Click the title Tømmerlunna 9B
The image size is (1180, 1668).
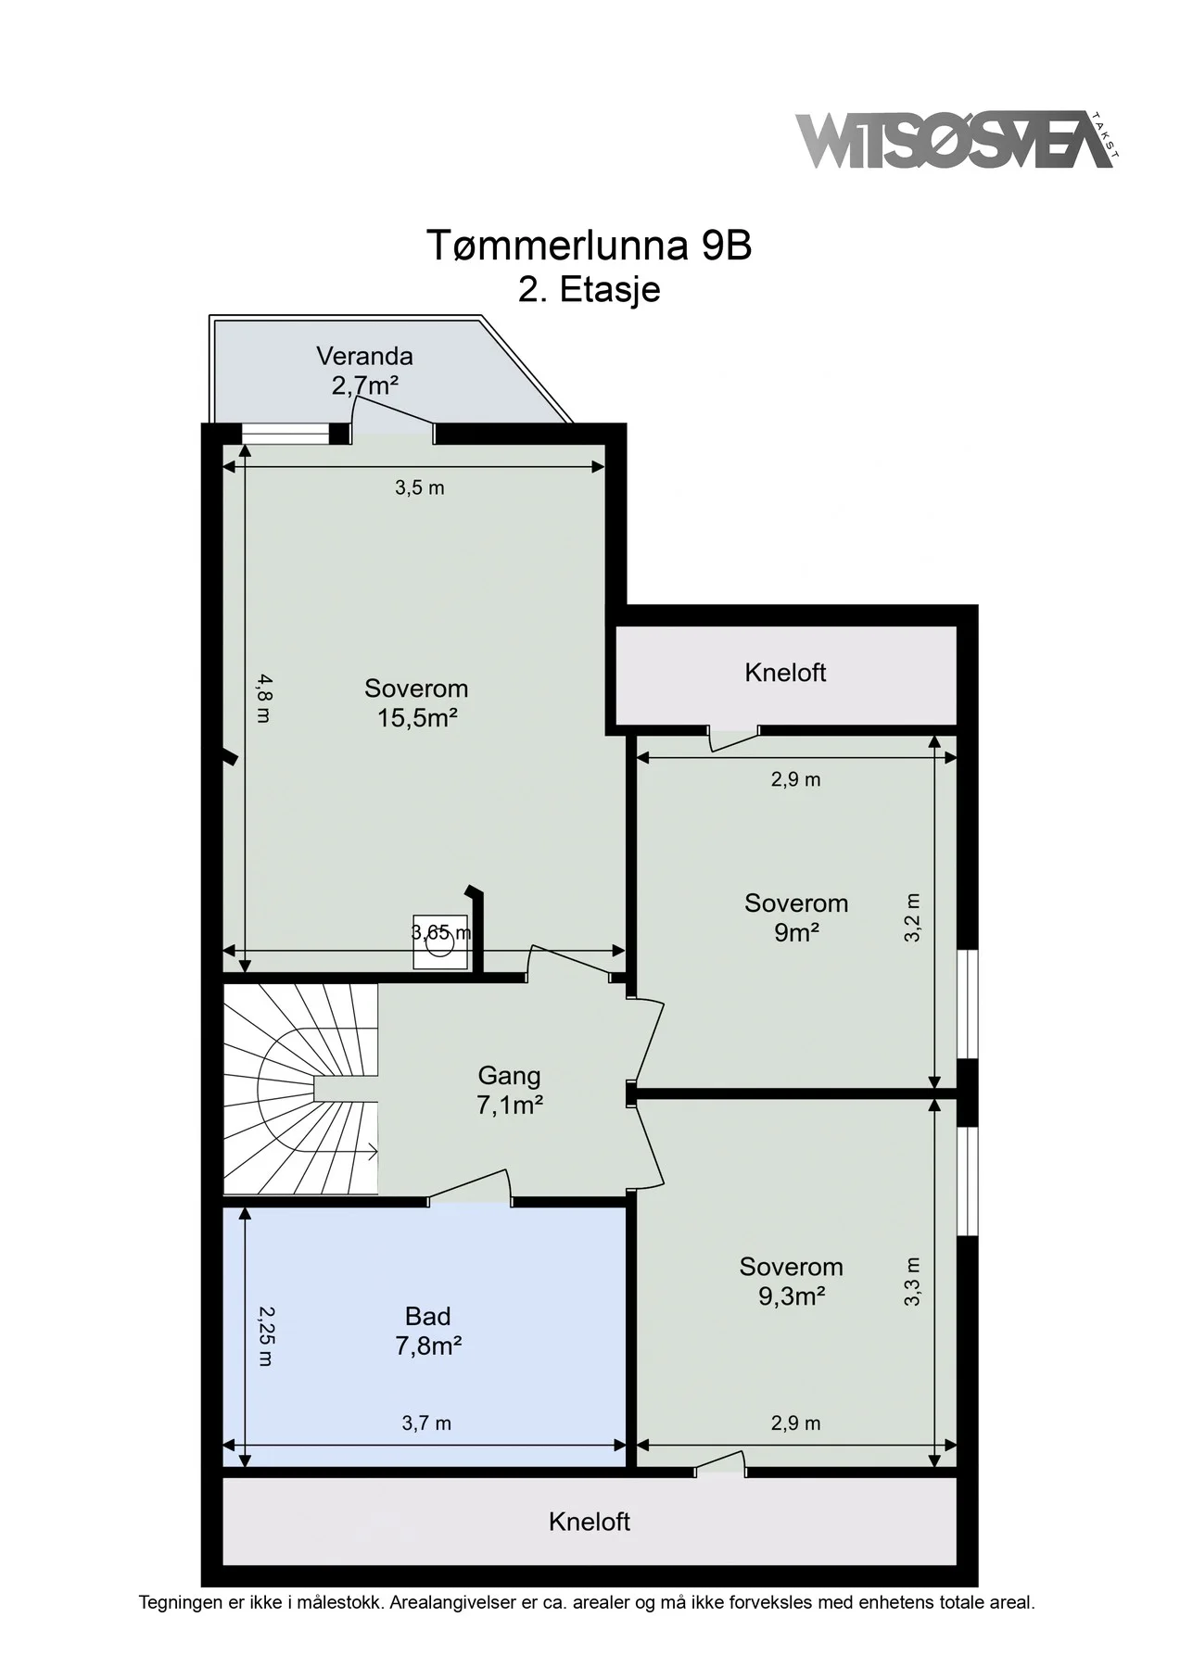coord(589,246)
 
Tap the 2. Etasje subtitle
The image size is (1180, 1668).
coord(589,289)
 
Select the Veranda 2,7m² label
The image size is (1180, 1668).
coord(364,370)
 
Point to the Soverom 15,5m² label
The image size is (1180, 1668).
coord(416,702)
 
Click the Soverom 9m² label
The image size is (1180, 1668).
coord(796,917)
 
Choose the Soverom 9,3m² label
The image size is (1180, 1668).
coord(792,1281)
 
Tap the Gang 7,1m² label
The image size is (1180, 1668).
coord(509,1090)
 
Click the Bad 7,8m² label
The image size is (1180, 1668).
coord(428,1331)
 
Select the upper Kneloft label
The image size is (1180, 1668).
coord(785,673)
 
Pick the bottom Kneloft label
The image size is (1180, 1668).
coord(590,1522)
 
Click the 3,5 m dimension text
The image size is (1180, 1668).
coord(420,488)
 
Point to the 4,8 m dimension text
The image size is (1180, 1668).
coord(265,698)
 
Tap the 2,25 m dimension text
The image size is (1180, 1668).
coord(265,1336)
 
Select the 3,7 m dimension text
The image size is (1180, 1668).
coord(426,1423)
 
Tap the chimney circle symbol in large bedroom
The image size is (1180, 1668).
coord(440,942)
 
